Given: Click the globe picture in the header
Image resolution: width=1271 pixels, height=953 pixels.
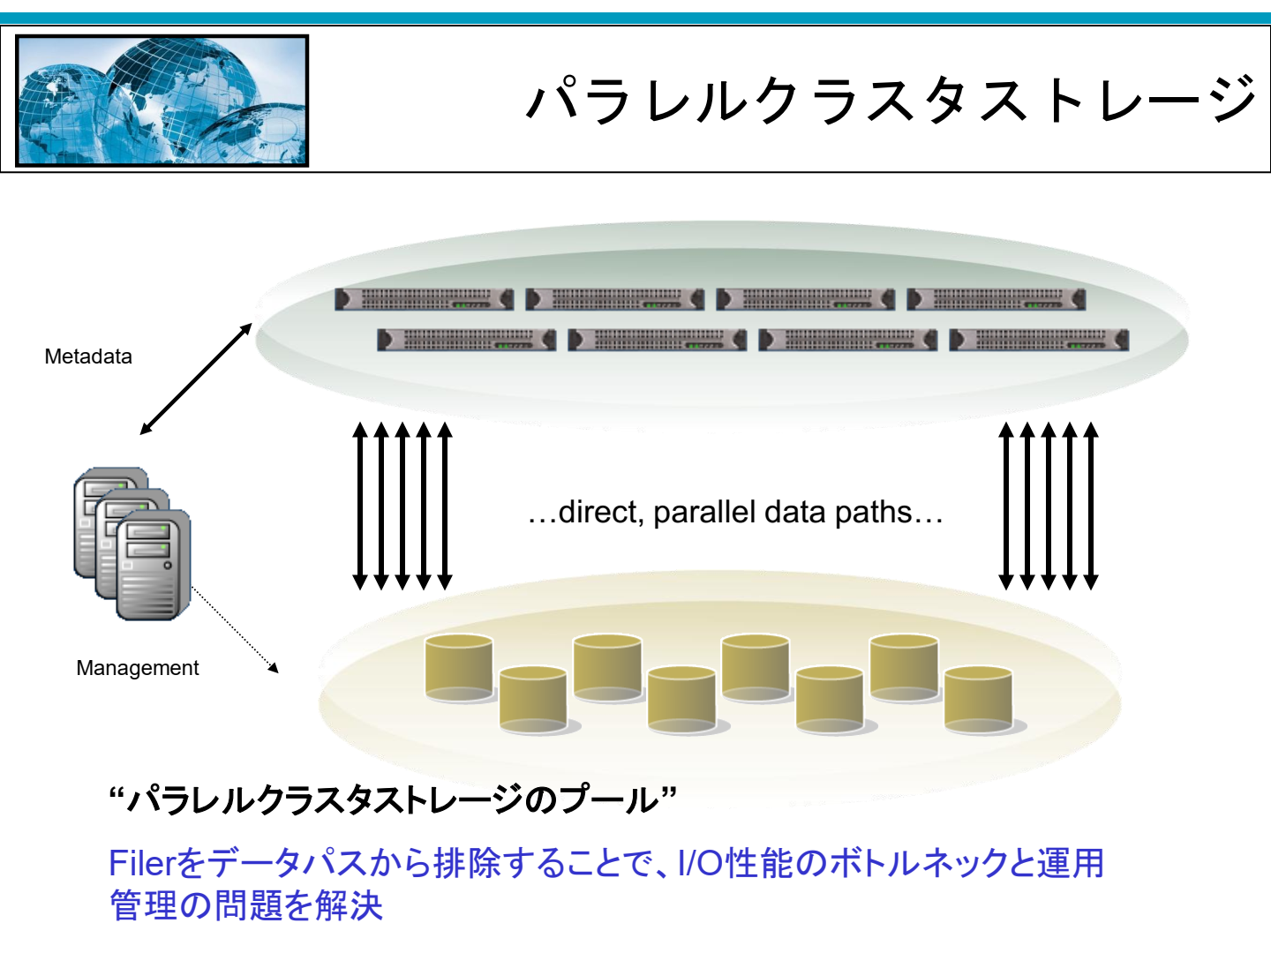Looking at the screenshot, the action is click(x=162, y=101).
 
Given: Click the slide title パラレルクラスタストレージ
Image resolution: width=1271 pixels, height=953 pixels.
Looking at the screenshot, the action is click(x=891, y=100).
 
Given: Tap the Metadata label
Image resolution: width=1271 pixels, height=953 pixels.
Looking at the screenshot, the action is click(x=88, y=356).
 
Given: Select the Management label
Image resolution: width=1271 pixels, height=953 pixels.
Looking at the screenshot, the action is click(x=137, y=668).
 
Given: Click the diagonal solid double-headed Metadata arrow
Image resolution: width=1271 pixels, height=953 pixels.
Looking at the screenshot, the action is click(x=196, y=379).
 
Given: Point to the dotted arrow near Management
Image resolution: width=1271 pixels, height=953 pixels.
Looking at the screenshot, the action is click(x=235, y=630).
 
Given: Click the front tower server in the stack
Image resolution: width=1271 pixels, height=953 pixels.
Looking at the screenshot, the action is click(x=154, y=565).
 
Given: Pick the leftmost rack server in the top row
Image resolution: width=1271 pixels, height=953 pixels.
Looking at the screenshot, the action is click(x=424, y=299).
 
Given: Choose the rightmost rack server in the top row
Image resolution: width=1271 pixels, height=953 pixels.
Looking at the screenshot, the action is click(x=996, y=299).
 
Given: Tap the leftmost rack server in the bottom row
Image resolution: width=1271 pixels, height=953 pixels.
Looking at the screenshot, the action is click(x=467, y=340).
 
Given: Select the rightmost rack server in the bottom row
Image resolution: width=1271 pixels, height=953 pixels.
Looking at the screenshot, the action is click(x=1039, y=340).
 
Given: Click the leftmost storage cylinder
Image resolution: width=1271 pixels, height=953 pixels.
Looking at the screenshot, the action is click(x=459, y=668).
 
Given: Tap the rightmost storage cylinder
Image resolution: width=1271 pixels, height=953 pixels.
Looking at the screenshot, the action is click(x=979, y=700).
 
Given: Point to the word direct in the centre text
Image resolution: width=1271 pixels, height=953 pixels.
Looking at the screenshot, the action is click(x=600, y=513).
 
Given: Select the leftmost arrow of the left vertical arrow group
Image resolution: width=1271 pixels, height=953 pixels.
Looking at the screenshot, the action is click(x=360, y=506).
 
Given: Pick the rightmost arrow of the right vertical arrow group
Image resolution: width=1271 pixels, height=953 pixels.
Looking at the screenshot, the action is click(x=1091, y=506).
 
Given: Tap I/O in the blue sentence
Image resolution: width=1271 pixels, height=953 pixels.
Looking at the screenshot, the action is click(x=701, y=863).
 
